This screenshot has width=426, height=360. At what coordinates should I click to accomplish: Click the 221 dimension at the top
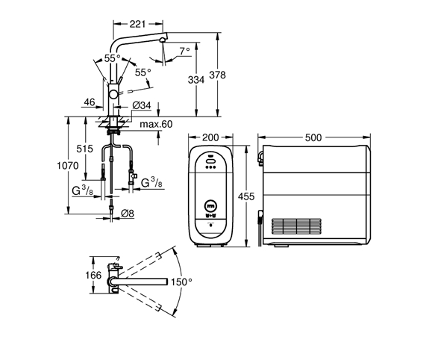click(x=137, y=24)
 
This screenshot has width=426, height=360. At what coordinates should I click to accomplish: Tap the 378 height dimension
click(x=217, y=75)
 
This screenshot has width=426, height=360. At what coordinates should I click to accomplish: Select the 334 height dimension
click(x=196, y=80)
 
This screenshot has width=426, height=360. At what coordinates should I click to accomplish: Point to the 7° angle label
click(x=185, y=51)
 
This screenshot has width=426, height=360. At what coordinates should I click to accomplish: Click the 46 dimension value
click(x=90, y=102)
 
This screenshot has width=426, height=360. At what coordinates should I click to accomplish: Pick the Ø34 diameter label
click(x=142, y=105)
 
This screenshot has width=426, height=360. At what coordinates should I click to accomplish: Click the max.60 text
click(x=156, y=124)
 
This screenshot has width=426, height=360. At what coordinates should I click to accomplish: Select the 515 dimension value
click(x=84, y=149)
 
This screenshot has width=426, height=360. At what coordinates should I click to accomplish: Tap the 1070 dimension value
click(x=68, y=165)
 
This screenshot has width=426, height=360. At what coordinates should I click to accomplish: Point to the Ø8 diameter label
click(x=128, y=214)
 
